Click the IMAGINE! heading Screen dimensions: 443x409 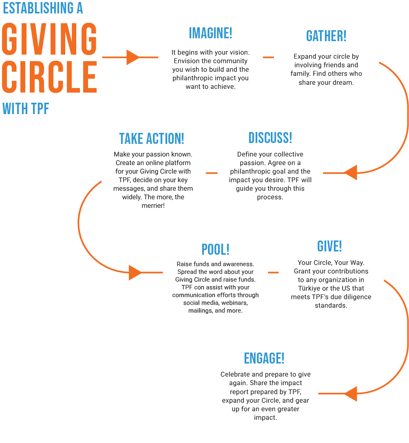[x=210, y=33]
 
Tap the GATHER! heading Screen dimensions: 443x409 [x=326, y=36]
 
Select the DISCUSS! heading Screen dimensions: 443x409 [x=270, y=138]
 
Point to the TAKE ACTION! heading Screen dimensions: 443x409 [x=152, y=139]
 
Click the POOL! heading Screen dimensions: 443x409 [x=215, y=249]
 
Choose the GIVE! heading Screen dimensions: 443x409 [x=329, y=246]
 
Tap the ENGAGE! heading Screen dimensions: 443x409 [x=264, y=358]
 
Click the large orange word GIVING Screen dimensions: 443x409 [x=49, y=40]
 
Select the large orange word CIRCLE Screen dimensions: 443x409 [x=49, y=77]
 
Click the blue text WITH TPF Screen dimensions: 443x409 [x=26, y=109]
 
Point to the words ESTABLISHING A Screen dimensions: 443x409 [x=43, y=9]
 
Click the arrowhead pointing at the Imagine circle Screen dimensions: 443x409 [x=133, y=57]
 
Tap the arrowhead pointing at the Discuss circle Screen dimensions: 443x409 [x=351, y=172]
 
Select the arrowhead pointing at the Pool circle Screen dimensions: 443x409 [x=135, y=272]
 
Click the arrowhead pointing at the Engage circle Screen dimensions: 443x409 [x=351, y=394]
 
